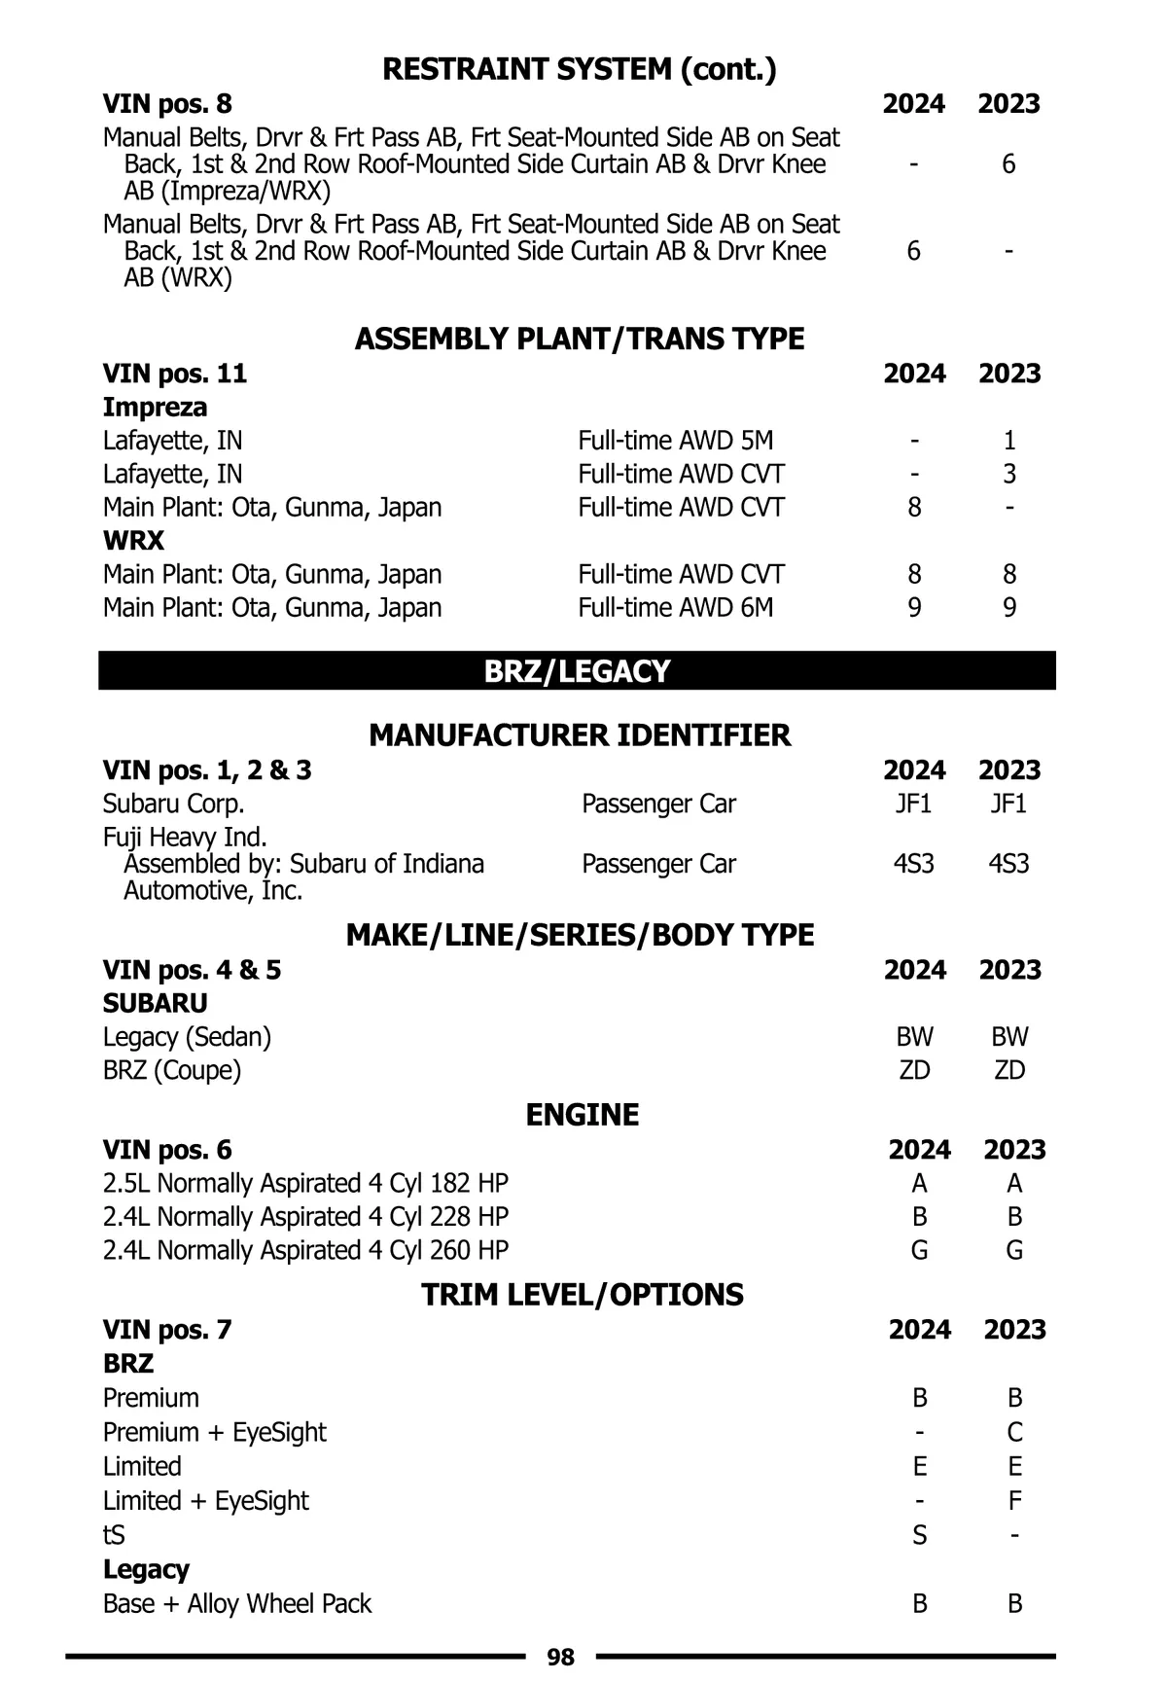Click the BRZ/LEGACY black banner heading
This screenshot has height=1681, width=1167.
point(577,671)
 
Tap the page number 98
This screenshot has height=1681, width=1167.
point(560,1657)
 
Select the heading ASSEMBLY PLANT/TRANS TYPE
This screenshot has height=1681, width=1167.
point(580,339)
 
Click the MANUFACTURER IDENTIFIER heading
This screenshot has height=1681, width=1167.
point(580,734)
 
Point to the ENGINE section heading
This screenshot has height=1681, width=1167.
point(582,1114)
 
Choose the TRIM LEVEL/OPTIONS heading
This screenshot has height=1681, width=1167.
point(582,1294)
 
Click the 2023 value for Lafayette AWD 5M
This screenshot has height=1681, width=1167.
point(1009,441)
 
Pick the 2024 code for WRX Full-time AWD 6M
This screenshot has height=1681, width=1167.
point(914,607)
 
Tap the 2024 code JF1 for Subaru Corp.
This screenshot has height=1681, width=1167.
point(913,804)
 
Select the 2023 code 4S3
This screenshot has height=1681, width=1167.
point(1008,864)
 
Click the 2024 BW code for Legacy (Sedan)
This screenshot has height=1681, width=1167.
point(914,1037)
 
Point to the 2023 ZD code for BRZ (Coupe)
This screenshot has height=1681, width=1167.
point(1009,1070)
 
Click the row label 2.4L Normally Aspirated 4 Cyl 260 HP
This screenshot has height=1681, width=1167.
point(305,1250)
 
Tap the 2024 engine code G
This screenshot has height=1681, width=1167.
point(919,1250)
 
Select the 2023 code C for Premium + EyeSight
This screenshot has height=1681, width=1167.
point(1014,1432)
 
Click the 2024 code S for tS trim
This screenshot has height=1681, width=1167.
point(919,1535)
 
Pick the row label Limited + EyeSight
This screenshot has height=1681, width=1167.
point(205,1501)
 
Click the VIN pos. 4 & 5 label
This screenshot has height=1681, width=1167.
point(192,970)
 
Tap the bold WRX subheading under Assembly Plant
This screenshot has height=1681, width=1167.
point(133,541)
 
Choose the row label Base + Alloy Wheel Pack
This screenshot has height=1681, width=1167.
point(237,1603)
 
